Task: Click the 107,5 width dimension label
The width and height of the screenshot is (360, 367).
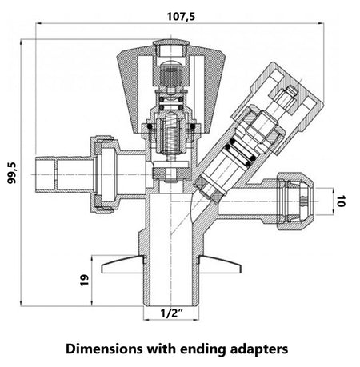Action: coord(181,16)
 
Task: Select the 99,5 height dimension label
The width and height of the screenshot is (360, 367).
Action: coord(12,173)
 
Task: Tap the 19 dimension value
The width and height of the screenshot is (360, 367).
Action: coord(84,280)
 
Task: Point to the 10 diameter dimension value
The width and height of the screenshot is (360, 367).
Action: coord(341,201)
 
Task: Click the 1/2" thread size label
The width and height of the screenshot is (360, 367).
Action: coord(172,313)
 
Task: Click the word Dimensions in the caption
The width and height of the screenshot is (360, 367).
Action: coord(104,349)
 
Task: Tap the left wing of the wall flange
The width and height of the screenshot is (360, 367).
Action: coord(123,265)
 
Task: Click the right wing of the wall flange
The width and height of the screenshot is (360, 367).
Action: coord(220,265)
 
